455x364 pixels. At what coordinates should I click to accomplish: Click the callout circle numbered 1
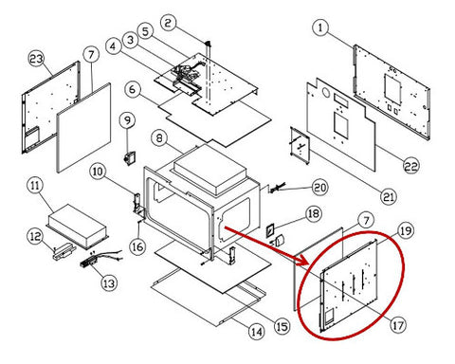coord(320,27)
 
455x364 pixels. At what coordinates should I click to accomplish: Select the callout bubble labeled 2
coord(168,23)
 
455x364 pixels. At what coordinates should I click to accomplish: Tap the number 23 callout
coord(37,59)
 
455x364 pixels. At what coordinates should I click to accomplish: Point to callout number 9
coord(127,120)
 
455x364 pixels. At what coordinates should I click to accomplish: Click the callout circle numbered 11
coord(35,185)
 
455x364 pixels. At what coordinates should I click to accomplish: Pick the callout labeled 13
coord(109,283)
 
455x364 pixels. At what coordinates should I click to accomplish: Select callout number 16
coord(137,246)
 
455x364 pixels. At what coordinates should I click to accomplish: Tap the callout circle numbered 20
coord(319,187)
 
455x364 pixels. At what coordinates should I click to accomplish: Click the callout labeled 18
coord(313,214)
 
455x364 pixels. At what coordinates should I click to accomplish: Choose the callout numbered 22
coord(411,166)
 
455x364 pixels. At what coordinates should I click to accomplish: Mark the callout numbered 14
coord(256,332)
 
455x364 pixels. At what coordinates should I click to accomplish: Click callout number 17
coord(398,324)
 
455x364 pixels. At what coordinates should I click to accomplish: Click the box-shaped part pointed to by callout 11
coord(78,226)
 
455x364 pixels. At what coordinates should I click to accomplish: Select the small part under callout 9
coord(129,158)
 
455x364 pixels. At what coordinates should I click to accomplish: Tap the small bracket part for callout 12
coord(64,251)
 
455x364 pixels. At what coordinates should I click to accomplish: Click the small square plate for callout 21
coord(300,145)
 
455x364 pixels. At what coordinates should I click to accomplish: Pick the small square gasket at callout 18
coord(269,230)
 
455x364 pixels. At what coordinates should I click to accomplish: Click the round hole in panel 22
coord(324,92)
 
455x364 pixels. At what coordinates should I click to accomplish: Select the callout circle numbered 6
coord(132,89)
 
